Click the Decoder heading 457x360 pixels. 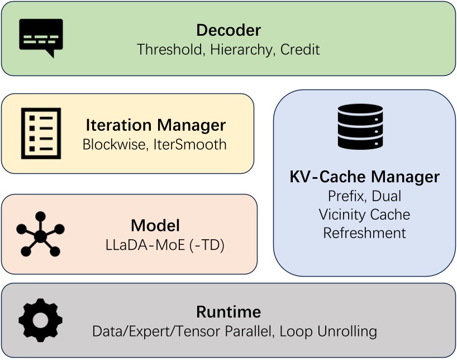[x=228, y=30]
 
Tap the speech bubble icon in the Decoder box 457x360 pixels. [x=41, y=37]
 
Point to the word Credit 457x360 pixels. [x=300, y=49]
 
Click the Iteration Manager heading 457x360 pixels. [x=155, y=125]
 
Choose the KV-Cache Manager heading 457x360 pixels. [x=364, y=177]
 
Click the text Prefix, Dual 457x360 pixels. [x=364, y=196]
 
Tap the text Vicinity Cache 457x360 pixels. [x=364, y=214]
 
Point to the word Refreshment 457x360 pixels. [x=364, y=232]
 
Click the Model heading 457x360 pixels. [x=155, y=225]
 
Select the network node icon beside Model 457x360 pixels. [x=40, y=234]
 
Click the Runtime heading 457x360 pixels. [x=228, y=312]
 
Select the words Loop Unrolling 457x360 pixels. [x=328, y=331]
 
